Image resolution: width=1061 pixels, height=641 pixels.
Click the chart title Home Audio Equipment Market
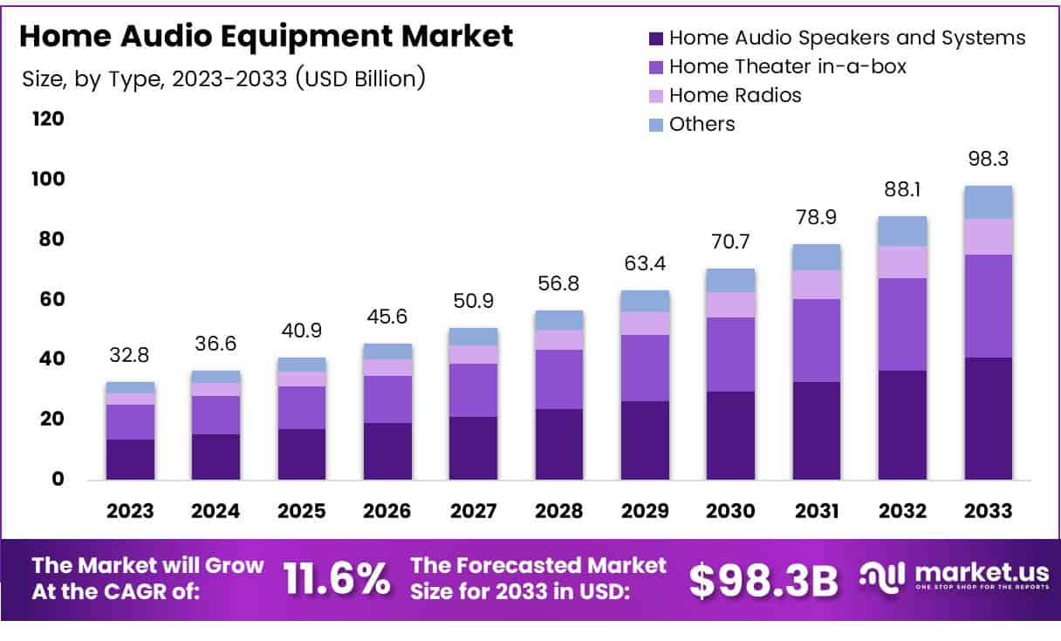[265, 37]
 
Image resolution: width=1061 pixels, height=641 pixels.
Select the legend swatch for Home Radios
[656, 95]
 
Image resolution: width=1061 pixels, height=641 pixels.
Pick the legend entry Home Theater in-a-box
[788, 66]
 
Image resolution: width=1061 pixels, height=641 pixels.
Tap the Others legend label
[702, 124]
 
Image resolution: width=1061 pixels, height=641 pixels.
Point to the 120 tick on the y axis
[49, 119]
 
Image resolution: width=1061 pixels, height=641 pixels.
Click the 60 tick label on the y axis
[49, 299]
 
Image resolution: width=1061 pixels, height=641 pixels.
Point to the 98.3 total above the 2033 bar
[988, 160]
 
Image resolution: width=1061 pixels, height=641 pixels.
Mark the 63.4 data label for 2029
[645, 261]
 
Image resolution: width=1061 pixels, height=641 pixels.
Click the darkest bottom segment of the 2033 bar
[988, 419]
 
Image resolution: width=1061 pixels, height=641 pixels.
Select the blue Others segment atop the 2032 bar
[902, 231]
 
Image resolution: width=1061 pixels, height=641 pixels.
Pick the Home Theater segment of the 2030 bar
[730, 354]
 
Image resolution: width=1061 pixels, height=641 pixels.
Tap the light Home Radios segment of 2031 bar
[816, 284]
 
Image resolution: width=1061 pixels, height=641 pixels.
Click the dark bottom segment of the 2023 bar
[131, 460]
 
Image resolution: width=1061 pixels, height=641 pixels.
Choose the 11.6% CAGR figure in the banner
[337, 579]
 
